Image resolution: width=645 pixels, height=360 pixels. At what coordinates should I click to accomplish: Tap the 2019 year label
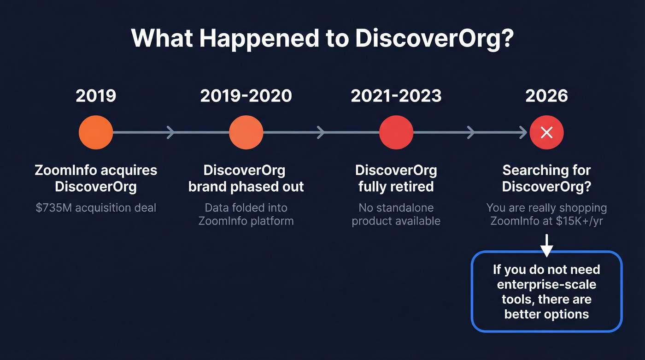(96, 95)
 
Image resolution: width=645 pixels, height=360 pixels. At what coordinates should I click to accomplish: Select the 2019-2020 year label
(246, 95)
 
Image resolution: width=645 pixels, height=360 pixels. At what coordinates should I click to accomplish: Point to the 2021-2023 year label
(396, 95)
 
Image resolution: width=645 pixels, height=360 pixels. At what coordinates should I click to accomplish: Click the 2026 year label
(546, 95)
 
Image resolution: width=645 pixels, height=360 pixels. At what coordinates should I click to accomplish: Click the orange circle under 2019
(96, 133)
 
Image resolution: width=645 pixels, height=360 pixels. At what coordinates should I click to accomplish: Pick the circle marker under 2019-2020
(246, 133)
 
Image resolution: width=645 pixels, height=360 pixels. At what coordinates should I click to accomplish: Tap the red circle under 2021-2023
(396, 133)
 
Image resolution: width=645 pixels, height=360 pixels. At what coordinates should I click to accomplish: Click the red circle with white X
(546, 133)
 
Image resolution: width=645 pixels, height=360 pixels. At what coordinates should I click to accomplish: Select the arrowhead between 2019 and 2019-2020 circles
(171, 133)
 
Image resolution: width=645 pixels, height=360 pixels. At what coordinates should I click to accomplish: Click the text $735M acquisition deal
(96, 208)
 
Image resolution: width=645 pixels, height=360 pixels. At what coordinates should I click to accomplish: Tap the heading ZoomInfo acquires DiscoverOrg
(96, 178)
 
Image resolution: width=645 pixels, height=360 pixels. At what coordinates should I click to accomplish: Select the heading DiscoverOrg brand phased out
(246, 178)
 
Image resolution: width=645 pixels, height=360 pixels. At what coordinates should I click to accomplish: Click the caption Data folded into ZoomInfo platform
(246, 214)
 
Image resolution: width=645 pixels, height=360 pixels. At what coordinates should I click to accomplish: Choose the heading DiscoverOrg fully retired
(396, 178)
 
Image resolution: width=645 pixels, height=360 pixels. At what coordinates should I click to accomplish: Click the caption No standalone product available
(396, 214)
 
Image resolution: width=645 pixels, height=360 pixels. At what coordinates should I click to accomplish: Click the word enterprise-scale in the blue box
(546, 284)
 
